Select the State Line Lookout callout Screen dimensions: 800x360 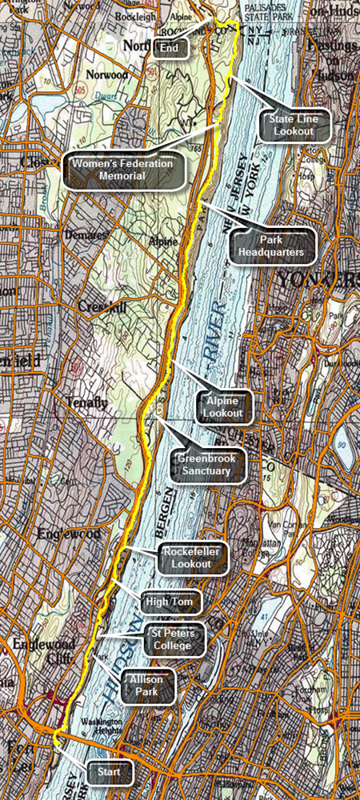coord(294,125)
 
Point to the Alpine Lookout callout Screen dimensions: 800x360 coord(227,406)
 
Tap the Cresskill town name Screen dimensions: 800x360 coord(98,306)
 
